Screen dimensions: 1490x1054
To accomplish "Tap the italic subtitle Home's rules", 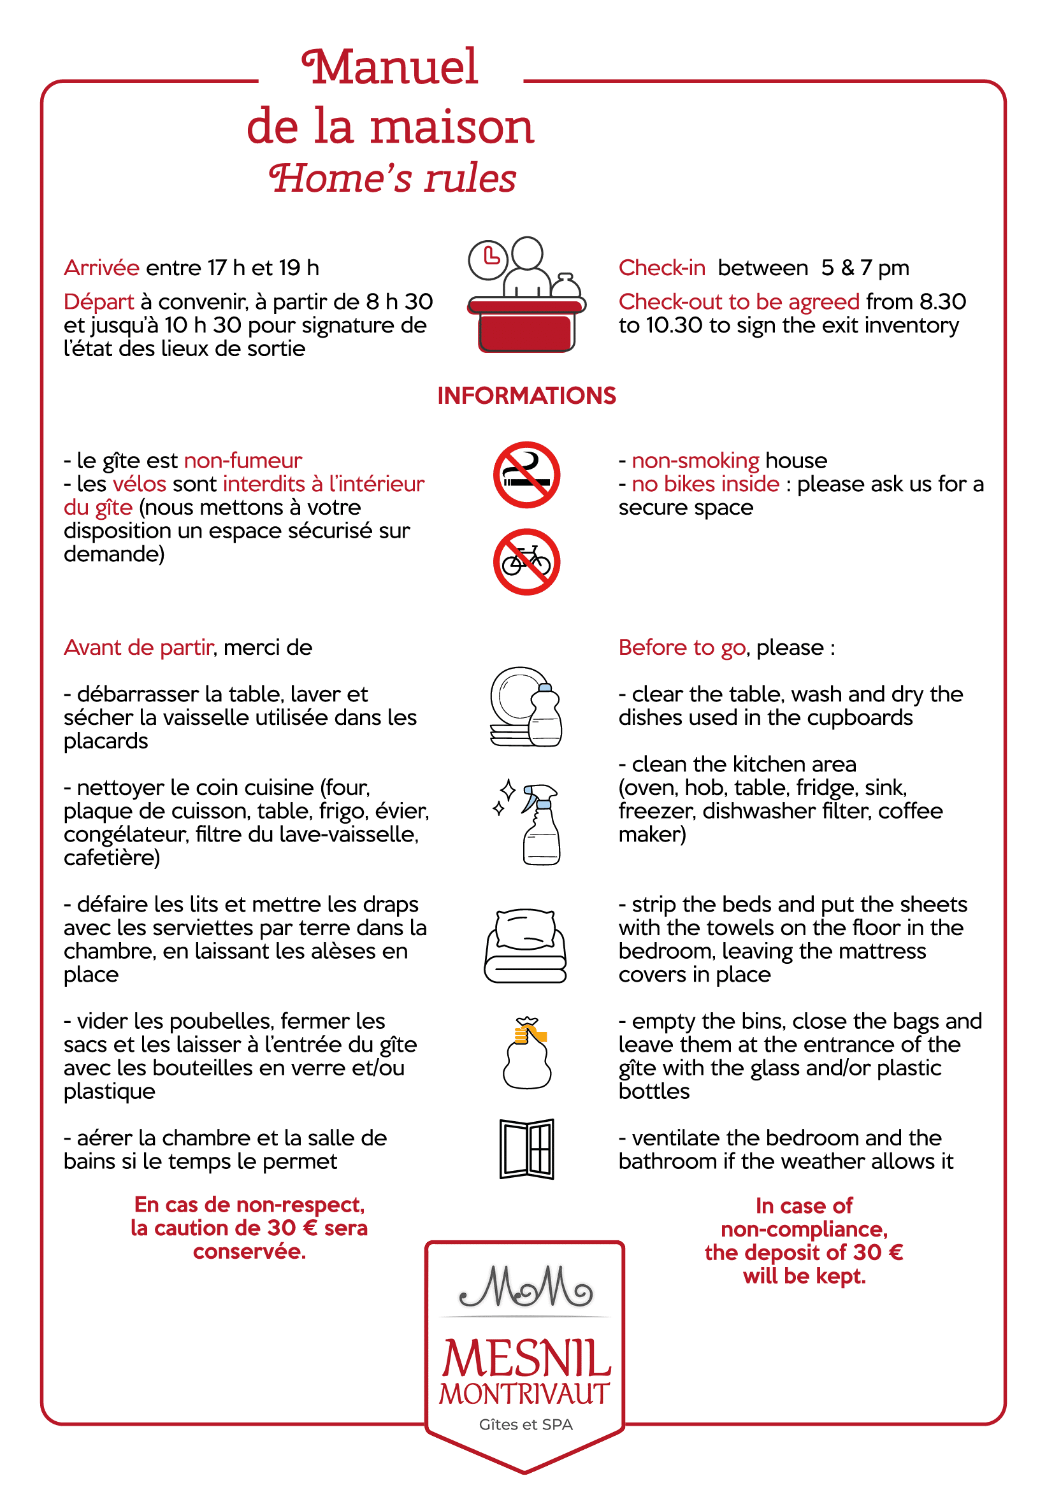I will tap(393, 178).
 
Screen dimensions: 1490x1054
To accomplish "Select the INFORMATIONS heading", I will tap(526, 396).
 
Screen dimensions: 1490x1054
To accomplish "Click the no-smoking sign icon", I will tap(526, 475).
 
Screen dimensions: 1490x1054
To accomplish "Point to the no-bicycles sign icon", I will tap(526, 561).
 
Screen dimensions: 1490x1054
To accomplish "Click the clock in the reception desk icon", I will tap(488, 259).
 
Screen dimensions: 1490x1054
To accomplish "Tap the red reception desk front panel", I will tap(526, 333).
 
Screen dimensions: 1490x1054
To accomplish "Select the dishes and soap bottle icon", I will tap(526, 706).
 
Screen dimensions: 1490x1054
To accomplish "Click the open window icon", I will tap(526, 1149).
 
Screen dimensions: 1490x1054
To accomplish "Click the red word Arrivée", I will tap(101, 268).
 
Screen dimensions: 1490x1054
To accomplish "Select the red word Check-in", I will tap(661, 268).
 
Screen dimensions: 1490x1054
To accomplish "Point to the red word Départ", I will tap(99, 302).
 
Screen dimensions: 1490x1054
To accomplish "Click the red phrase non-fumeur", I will tap(243, 461).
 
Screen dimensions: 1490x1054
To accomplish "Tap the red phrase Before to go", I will tap(681, 648).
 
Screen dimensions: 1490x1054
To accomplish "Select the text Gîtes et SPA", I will tap(526, 1424).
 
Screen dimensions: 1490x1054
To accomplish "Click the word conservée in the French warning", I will tap(249, 1252).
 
